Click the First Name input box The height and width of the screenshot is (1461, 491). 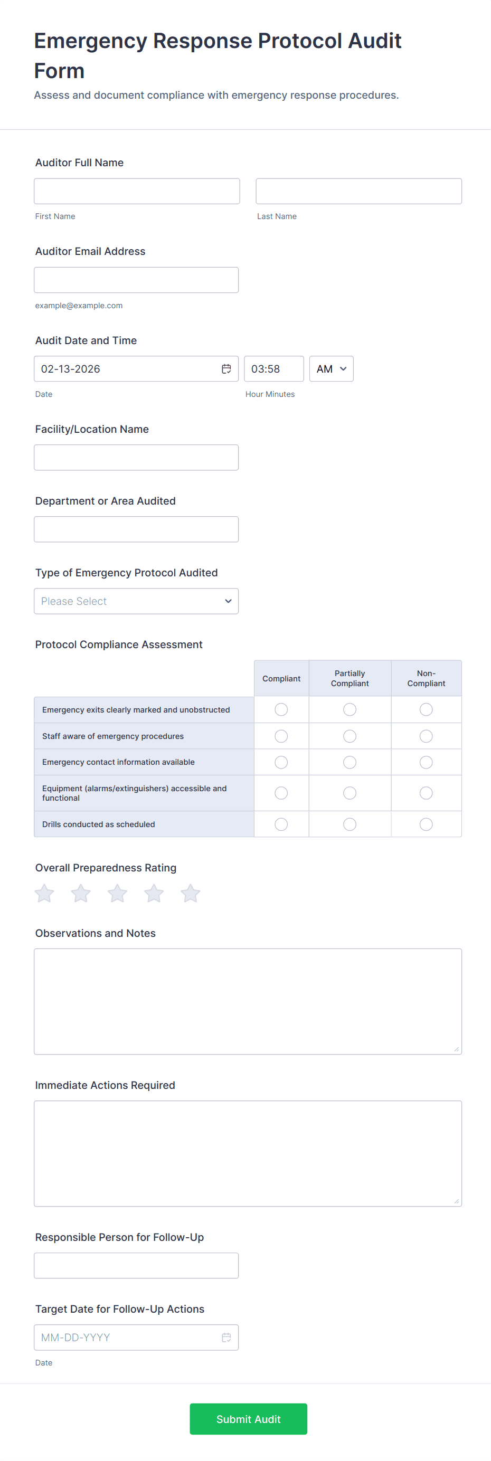coord(136,191)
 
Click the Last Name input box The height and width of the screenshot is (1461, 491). coord(358,191)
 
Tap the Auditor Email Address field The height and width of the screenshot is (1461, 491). coord(136,280)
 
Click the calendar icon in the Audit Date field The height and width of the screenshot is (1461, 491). coord(226,369)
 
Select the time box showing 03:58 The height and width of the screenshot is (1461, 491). coord(273,369)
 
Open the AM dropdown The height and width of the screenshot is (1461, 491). coord(331,369)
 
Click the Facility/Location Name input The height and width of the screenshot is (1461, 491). coord(136,458)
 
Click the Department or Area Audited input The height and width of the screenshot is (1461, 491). coord(136,529)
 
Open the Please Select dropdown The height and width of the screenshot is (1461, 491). coord(136,601)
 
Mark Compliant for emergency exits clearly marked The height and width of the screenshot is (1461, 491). coord(281,709)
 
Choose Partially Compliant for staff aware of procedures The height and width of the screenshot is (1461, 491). coord(350,736)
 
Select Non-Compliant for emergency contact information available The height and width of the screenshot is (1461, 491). coord(426,762)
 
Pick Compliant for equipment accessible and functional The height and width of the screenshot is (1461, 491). coord(281,793)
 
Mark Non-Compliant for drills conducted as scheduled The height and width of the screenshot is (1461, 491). coord(426,824)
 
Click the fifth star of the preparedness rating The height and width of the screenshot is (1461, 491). coord(190,894)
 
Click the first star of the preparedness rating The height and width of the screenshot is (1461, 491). coord(44,894)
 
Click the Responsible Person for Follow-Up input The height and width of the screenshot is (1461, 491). coord(136,1265)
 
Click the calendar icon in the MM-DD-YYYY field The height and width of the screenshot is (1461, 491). coord(226,1337)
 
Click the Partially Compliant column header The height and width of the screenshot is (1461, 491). coord(350,678)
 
